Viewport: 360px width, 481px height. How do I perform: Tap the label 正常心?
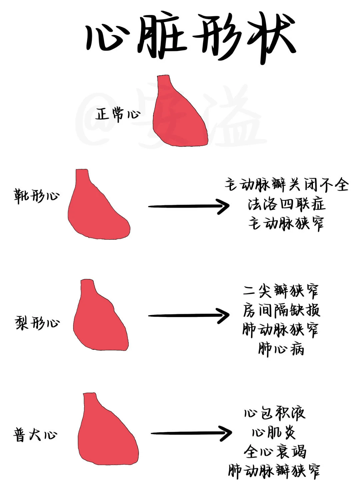point(117,114)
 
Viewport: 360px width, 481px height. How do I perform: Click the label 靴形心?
point(36,195)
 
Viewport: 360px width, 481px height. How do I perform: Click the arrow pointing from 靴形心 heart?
point(189,206)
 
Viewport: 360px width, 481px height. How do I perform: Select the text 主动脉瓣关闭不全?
point(286,185)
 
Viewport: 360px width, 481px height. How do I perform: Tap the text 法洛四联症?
point(286,204)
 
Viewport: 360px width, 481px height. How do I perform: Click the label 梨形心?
point(37,323)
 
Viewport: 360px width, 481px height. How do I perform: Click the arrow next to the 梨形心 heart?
point(189,315)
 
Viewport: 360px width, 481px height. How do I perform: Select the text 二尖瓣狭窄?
point(281,291)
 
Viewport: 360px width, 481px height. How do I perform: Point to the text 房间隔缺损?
point(281,310)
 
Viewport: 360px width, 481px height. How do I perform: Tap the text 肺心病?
point(281,349)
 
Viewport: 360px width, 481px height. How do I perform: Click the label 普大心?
point(35,435)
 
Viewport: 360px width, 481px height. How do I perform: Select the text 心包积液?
point(274,413)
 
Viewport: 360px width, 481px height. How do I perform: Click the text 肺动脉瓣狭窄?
point(274,471)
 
